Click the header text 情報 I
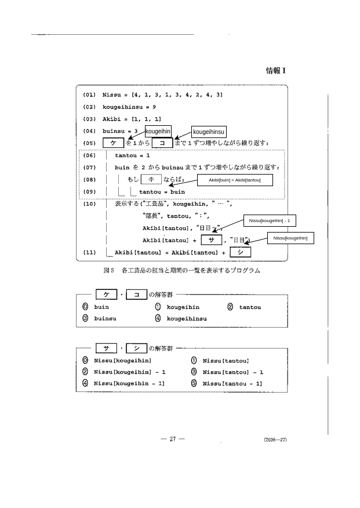pyautogui.click(x=276, y=71)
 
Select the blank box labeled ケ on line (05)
pyautogui.click(x=114, y=143)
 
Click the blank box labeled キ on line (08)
pyautogui.click(x=151, y=179)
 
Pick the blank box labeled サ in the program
pyautogui.click(x=211, y=240)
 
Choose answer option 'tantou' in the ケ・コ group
pyautogui.click(x=250, y=307)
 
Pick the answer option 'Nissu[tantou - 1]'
pyautogui.click(x=231, y=383)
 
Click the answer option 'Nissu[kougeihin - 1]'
pyautogui.click(x=129, y=383)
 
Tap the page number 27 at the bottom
pyautogui.click(x=172, y=439)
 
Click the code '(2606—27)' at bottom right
pyautogui.click(x=275, y=440)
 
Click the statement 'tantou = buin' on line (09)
pyautogui.click(x=162, y=191)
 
